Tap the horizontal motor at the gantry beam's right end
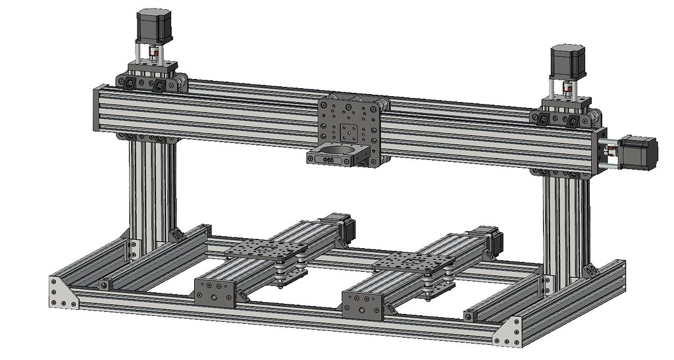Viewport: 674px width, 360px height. coord(638,153)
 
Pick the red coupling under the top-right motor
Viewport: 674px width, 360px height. coord(566,88)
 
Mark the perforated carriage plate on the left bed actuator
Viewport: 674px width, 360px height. coord(266,249)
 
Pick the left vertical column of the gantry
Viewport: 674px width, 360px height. coord(152,191)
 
